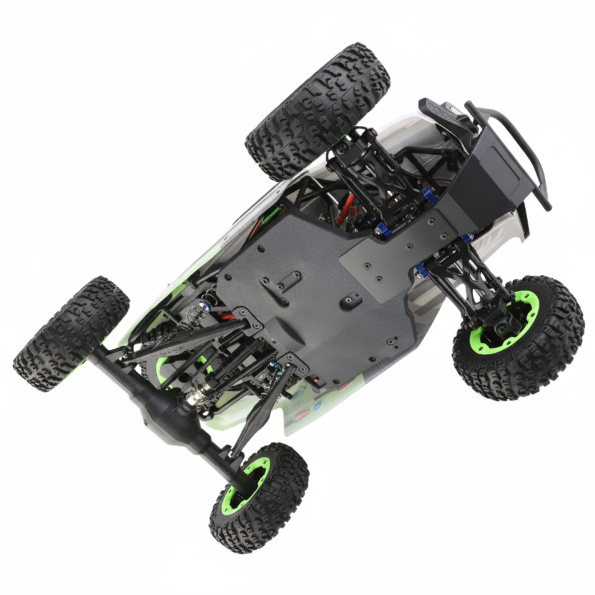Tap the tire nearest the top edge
click(x=317, y=110)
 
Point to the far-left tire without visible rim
click(x=70, y=334)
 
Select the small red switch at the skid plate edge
click(x=317, y=382)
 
